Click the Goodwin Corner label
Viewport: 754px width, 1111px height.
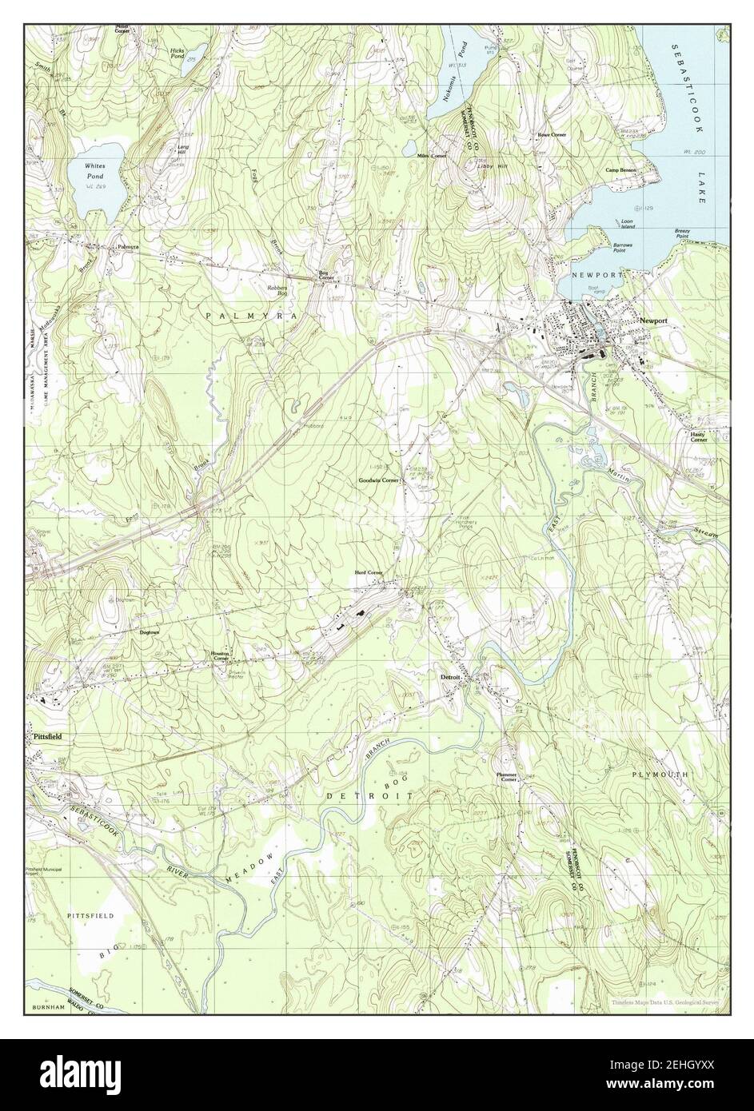[x=379, y=480]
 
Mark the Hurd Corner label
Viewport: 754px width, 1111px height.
[x=369, y=573]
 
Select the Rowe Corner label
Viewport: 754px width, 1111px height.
[x=552, y=135]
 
